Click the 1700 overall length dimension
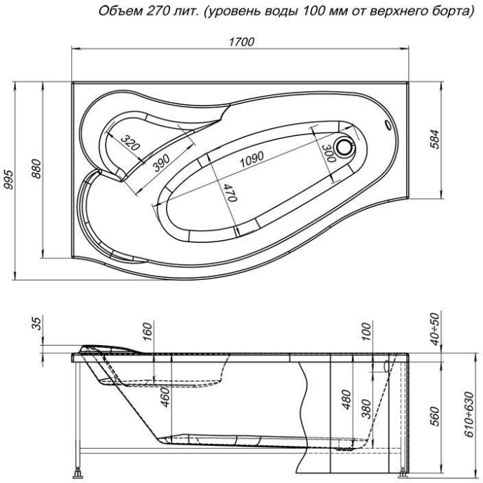click(241, 42)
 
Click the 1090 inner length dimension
click(251, 160)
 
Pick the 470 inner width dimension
click(231, 191)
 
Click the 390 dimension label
click(161, 160)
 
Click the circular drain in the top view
click(346, 146)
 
